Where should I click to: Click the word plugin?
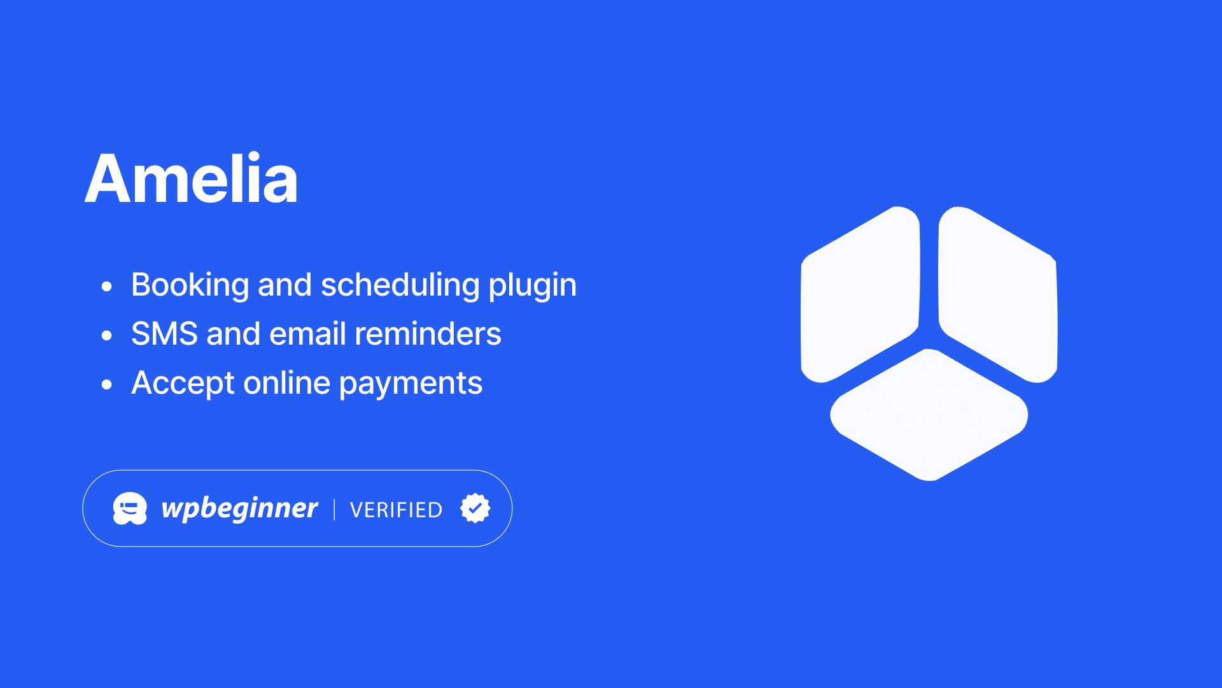click(532, 285)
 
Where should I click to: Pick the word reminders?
click(428, 334)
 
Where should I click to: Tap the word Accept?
click(183, 383)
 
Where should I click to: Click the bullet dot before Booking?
click(107, 286)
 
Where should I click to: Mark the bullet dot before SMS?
click(107, 335)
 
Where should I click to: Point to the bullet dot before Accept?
click(107, 384)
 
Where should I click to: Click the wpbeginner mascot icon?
click(130, 508)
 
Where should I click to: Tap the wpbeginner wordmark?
click(239, 508)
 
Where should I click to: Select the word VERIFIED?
click(396, 510)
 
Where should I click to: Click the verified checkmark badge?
click(475, 508)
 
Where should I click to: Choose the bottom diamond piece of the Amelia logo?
click(929, 415)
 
